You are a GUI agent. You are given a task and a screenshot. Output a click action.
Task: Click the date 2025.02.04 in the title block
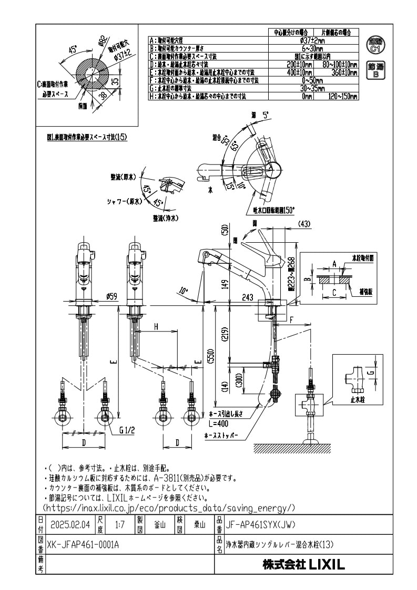click(x=71, y=524)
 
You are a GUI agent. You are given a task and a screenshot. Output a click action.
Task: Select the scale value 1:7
click(x=119, y=524)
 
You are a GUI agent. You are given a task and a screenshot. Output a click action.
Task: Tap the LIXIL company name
click(x=304, y=565)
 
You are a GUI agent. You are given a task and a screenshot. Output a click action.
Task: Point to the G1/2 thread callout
click(x=127, y=430)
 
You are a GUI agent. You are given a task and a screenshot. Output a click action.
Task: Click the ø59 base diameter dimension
click(x=111, y=296)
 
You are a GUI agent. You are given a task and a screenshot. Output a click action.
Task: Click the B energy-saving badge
click(x=375, y=70)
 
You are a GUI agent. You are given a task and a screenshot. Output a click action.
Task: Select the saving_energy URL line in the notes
click(x=168, y=508)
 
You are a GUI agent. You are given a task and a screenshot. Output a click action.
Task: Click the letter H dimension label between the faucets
click(x=156, y=326)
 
